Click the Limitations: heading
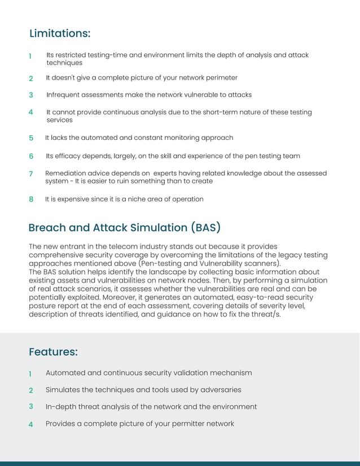click(x=60, y=34)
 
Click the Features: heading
click(x=53, y=352)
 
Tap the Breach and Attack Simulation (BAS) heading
click(x=124, y=228)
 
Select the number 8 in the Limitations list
click(x=31, y=200)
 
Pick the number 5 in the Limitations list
click(x=31, y=138)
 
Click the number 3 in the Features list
click(x=31, y=406)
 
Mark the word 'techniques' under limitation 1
click(x=64, y=63)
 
